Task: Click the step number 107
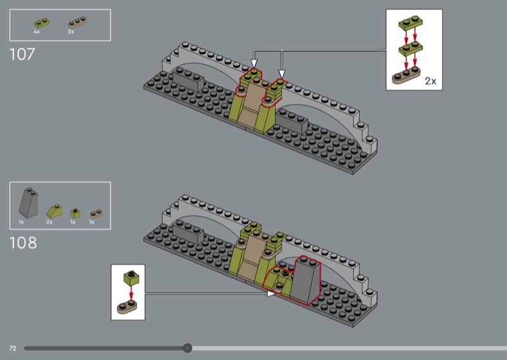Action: pyautogui.click(x=22, y=55)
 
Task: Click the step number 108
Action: pyautogui.click(x=23, y=243)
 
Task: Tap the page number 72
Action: pyautogui.click(x=13, y=348)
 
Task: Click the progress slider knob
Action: pyautogui.click(x=187, y=348)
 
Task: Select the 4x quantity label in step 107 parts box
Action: pyautogui.click(x=37, y=32)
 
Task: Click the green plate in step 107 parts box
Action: pyautogui.click(x=42, y=23)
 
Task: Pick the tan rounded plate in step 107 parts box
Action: pyautogui.click(x=77, y=22)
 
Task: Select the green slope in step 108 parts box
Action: pyautogui.click(x=55, y=211)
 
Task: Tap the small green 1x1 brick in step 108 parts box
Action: pyautogui.click(x=75, y=213)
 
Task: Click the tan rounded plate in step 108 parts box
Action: pyautogui.click(x=96, y=214)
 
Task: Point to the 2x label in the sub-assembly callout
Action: pyautogui.click(x=430, y=81)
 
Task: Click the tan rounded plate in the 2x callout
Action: pyautogui.click(x=406, y=75)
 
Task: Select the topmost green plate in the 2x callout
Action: pyautogui.click(x=411, y=23)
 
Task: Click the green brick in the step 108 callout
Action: pyautogui.click(x=131, y=278)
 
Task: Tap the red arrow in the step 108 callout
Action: pyautogui.click(x=131, y=293)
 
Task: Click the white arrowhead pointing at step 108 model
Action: pyautogui.click(x=271, y=293)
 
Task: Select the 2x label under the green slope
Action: pyautogui.click(x=49, y=222)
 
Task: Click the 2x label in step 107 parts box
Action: pyautogui.click(x=71, y=32)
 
